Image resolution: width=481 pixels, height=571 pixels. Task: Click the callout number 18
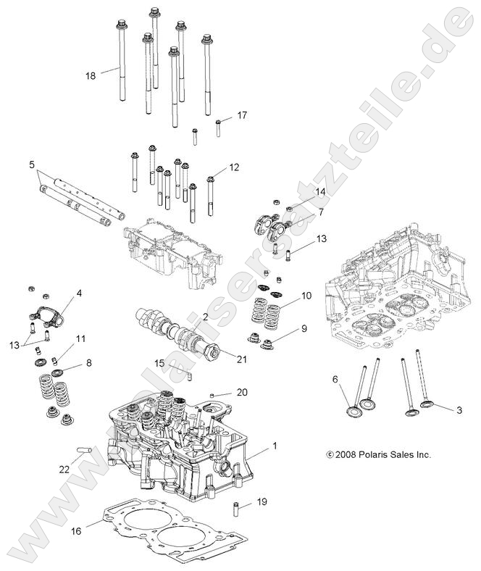pos(91,75)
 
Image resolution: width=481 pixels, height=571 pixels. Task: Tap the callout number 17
pos(242,115)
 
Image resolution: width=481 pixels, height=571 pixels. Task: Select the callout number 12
pos(234,167)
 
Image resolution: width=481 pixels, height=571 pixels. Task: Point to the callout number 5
pos(31,165)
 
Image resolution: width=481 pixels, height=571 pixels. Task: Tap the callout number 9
pos(304,328)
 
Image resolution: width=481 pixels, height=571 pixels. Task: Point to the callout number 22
pos(64,469)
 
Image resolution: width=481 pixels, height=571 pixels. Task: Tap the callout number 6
pos(335,379)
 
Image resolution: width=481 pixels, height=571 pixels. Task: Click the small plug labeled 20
pos(213,395)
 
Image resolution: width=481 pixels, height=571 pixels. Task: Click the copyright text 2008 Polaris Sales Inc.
pos(378,455)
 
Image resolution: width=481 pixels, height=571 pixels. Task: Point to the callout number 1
pos(274,447)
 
